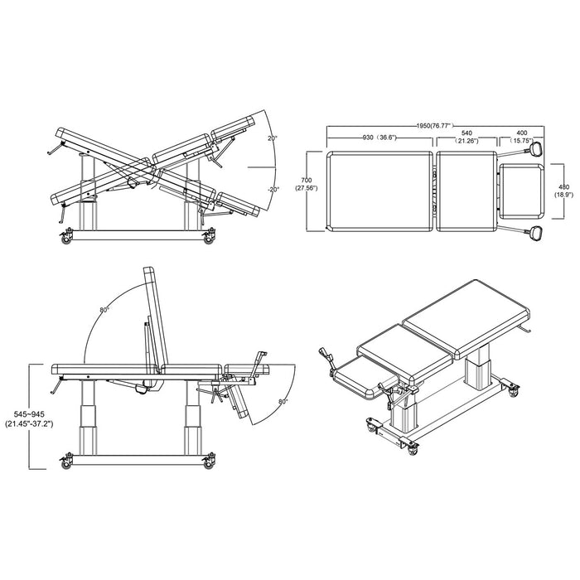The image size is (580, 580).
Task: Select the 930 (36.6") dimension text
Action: pyautogui.click(x=374, y=138)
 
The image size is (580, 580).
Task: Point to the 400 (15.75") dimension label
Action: pyautogui.click(x=521, y=138)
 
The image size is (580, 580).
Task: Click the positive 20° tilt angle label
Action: pyautogui.click(x=273, y=139)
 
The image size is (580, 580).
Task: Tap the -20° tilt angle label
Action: pyautogui.click(x=274, y=190)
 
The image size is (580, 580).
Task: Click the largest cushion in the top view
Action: pyautogui.click(x=380, y=191)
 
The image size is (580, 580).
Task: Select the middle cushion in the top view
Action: pyautogui.click(x=466, y=191)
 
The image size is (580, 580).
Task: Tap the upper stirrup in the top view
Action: pyautogui.click(x=535, y=149)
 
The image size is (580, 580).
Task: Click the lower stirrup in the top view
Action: pyautogui.click(x=535, y=233)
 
